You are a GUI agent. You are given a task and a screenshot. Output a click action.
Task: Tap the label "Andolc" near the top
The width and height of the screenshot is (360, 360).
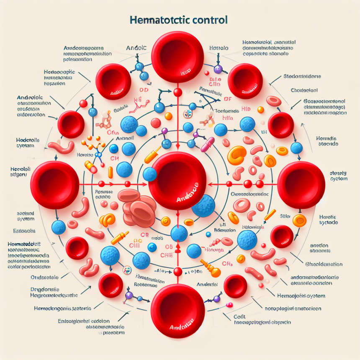click(x=137, y=48)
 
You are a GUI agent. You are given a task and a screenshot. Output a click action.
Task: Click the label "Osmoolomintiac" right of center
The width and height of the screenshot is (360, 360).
click(x=249, y=194)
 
